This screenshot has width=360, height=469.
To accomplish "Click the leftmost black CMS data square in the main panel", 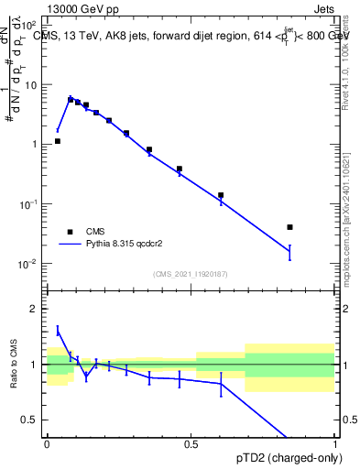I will (x=58, y=141).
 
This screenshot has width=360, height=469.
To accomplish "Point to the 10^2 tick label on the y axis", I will (x=29, y=26).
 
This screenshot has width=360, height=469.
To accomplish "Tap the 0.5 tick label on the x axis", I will (x=191, y=443).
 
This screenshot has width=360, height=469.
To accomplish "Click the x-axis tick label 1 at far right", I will (x=336, y=443).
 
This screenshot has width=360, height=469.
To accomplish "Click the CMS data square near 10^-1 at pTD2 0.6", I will (x=221, y=195).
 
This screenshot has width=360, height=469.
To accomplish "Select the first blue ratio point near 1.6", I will (x=58, y=331).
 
